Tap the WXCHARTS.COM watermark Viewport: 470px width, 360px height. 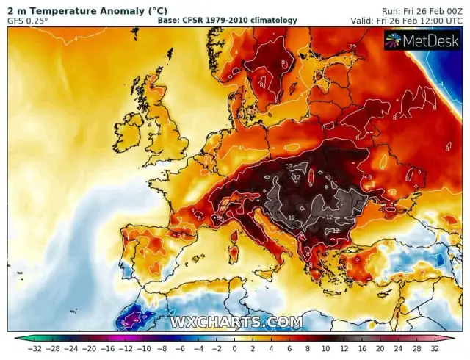coord(236,322)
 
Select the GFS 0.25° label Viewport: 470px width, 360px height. coord(28,21)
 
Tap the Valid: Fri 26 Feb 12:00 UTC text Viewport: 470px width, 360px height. coord(414,21)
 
